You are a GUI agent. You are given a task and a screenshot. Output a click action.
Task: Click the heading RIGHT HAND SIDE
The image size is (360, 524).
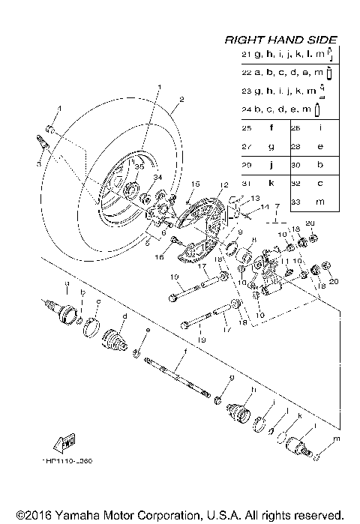coord(281,40)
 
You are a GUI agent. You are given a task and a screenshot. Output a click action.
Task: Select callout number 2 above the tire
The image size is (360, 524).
coord(181,99)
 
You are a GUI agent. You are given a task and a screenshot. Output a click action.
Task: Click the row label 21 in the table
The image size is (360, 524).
coord(245,55)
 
